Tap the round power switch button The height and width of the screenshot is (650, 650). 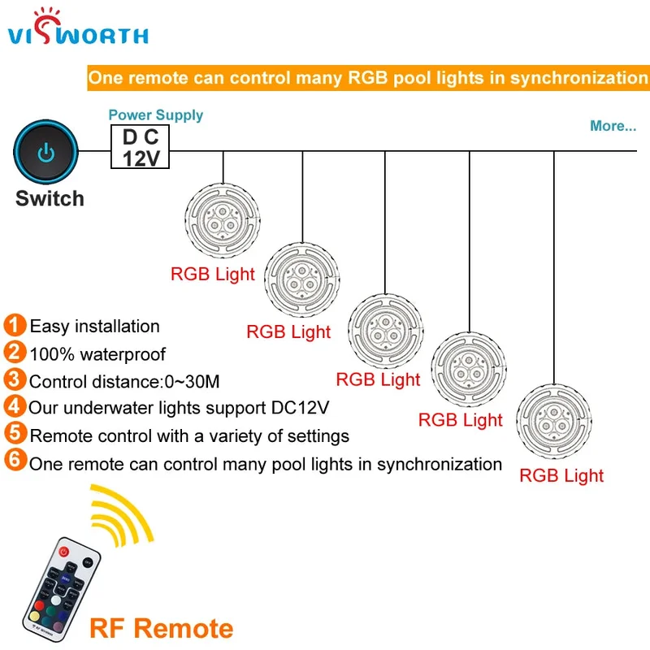[45, 152]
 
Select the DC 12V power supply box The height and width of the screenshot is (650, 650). [140, 147]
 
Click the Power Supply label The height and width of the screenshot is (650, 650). [156, 115]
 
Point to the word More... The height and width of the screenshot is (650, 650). [613, 126]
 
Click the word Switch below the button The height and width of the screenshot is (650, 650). [50, 198]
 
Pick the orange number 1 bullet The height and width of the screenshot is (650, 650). [15, 324]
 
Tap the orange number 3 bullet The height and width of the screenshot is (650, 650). [15, 379]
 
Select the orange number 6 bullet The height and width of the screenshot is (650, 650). [15, 460]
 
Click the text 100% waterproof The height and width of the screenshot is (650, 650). [97, 354]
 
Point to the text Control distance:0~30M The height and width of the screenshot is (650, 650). [124, 382]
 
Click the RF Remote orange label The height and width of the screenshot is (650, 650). [161, 628]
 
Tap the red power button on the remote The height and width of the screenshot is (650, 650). [63, 552]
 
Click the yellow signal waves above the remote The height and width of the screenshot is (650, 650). [121, 515]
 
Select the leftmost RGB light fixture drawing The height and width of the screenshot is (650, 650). [223, 220]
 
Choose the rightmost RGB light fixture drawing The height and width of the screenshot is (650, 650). [554, 421]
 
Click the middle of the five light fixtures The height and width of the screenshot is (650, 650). [385, 331]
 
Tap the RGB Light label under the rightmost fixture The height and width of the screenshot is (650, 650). [561, 475]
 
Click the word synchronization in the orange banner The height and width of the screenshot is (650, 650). [578, 78]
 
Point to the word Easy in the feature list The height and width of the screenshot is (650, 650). [50, 327]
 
